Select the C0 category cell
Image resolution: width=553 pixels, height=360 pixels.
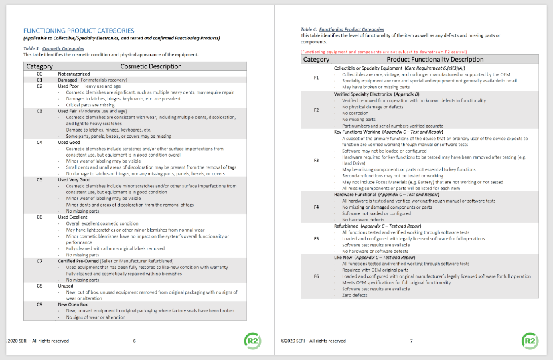39,74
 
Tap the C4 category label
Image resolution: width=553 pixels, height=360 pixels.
39,143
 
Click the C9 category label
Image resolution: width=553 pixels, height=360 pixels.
39,304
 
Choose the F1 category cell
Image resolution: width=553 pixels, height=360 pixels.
317,78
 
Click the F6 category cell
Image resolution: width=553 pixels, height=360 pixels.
317,276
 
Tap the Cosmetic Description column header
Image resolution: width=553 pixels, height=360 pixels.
151,66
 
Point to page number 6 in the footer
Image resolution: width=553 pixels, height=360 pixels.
134,341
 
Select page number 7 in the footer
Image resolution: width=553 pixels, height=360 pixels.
410,341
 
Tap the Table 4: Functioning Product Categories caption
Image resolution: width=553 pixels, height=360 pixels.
342,30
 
